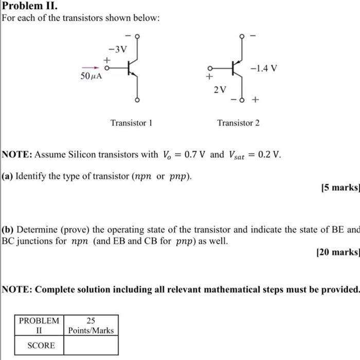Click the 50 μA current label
point(91,76)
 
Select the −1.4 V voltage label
point(264,68)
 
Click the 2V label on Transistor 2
point(220,89)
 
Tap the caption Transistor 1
point(131,123)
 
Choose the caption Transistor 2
point(238,123)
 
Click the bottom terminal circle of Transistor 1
point(137,99)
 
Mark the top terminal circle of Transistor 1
point(137,36)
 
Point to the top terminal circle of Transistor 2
point(241,36)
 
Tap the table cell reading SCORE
point(41,345)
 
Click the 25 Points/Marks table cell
point(91,326)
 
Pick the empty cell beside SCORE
point(91,345)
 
